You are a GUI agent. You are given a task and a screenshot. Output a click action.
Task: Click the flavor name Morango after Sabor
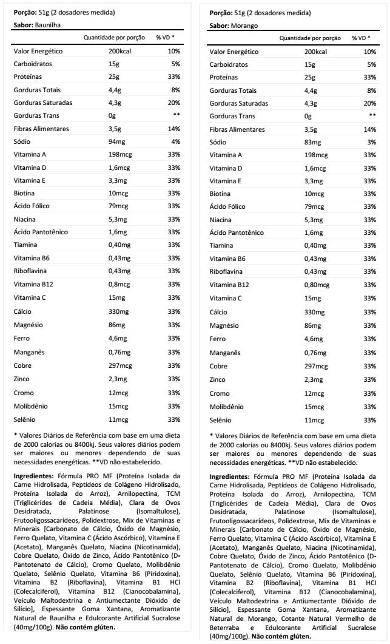(x=244, y=26)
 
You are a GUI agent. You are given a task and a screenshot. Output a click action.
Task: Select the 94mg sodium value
(x=118, y=141)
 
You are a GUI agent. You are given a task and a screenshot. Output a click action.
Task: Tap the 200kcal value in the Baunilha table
(x=120, y=51)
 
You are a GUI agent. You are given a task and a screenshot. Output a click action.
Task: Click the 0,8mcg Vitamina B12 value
(x=119, y=284)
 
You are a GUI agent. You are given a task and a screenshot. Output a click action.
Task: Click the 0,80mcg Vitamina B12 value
(x=317, y=285)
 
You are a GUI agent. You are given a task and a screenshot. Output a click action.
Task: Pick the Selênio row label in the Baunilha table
(x=26, y=419)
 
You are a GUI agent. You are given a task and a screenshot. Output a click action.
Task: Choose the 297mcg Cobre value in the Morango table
(x=316, y=367)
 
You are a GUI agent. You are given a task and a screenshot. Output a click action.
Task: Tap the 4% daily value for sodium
(x=176, y=141)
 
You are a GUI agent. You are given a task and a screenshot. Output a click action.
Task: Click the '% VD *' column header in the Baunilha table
(x=165, y=38)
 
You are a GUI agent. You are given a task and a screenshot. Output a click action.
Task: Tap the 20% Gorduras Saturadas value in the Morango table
(x=369, y=103)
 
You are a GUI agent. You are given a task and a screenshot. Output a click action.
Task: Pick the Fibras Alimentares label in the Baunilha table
(x=41, y=129)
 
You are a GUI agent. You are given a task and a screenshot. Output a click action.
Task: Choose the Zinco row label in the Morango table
(x=218, y=379)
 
